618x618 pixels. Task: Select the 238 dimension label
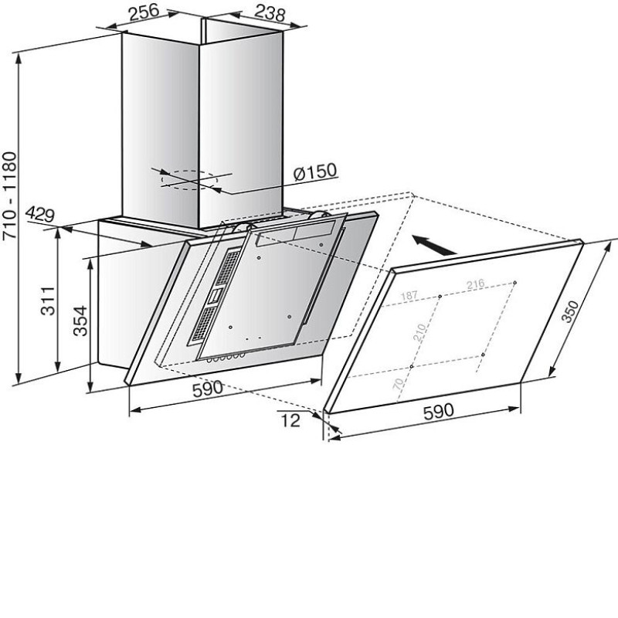[270, 12]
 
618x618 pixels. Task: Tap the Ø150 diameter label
[315, 171]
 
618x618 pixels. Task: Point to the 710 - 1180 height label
[9, 196]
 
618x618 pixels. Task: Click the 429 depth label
[40, 215]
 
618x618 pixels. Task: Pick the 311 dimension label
[49, 301]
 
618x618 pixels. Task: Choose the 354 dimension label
[80, 321]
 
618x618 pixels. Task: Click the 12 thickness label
[290, 420]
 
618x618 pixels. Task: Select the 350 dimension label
[570, 311]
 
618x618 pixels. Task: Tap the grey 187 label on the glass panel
[409, 296]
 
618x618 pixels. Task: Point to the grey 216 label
[475, 284]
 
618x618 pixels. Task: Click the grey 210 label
[419, 332]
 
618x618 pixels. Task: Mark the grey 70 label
[399, 383]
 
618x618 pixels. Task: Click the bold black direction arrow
[434, 245]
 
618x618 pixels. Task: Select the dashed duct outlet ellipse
[189, 180]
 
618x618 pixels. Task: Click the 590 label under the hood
[207, 389]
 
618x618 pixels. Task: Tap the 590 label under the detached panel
[438, 411]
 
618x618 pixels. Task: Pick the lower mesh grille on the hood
[204, 324]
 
